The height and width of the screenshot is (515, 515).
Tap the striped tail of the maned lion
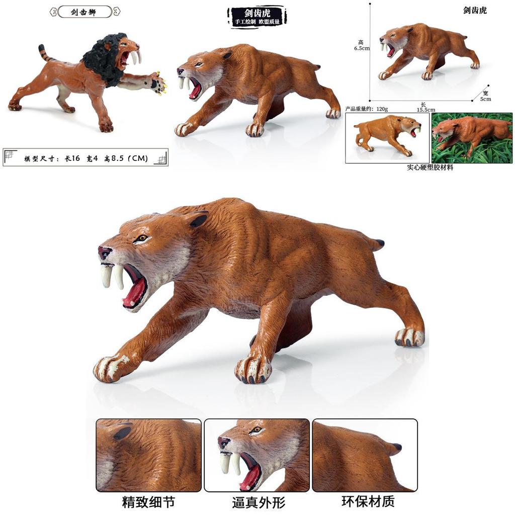pos(45,53)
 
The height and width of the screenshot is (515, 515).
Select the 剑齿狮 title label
pos(84,12)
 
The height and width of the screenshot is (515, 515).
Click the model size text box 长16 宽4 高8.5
pos(85,158)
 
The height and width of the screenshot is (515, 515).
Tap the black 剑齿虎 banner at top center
pos(257,16)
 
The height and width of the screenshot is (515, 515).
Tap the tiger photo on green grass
pos(472,137)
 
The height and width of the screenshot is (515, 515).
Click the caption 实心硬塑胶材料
pos(430,167)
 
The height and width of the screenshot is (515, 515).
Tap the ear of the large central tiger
pos(198,219)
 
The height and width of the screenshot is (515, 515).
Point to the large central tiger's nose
pos(103,249)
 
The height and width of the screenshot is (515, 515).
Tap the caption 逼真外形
pos(259,502)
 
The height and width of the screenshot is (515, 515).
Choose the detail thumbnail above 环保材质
pos(365,455)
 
